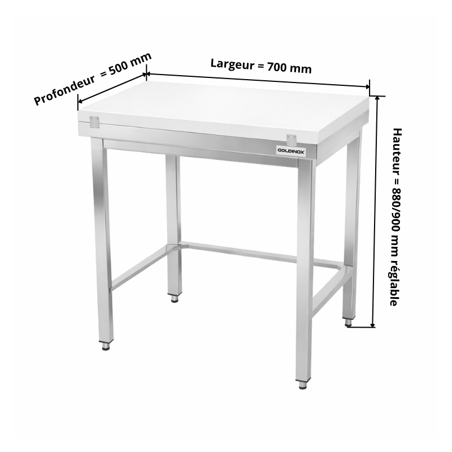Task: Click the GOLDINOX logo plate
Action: (x=291, y=151)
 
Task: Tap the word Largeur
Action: (x=232, y=64)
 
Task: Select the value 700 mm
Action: (x=289, y=68)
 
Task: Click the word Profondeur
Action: (x=64, y=90)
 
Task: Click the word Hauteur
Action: (x=397, y=151)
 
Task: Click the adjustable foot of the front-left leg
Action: (x=106, y=346)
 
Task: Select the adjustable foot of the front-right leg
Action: (x=302, y=385)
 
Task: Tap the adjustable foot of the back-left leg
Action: (x=175, y=298)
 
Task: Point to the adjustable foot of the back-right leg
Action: (x=349, y=322)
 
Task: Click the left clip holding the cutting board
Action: (x=94, y=122)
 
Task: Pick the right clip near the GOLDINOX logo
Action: (x=291, y=140)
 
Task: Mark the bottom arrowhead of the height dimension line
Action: (x=373, y=325)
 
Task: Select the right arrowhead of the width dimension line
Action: (x=367, y=86)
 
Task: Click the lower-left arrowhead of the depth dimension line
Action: (x=80, y=101)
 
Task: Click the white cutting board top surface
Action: (x=224, y=108)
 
